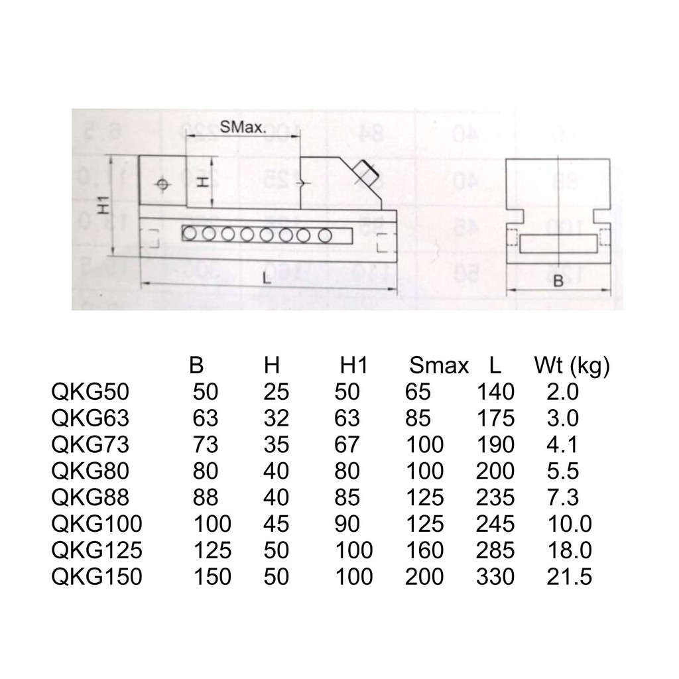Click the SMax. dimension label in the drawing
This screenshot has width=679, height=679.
243,127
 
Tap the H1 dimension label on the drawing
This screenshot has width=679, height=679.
103,206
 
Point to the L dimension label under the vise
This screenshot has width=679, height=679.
267,278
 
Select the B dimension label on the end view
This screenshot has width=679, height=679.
558,281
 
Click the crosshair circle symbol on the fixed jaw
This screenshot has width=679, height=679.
162,184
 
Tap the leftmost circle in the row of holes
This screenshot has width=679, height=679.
189,234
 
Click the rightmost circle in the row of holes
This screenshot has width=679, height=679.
325,235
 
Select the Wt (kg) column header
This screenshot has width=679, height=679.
572,366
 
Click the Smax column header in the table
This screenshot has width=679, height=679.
439,366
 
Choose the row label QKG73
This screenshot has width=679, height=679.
90,444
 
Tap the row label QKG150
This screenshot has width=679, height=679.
97,576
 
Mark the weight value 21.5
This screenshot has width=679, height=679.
569,576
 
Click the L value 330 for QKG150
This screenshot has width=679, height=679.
495,576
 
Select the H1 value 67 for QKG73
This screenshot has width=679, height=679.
347,444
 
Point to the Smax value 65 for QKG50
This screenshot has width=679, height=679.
418,392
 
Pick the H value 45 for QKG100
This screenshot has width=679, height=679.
277,524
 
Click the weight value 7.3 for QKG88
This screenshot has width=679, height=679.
562,497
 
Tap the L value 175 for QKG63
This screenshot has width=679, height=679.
495,418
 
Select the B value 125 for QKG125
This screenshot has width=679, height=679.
212,550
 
